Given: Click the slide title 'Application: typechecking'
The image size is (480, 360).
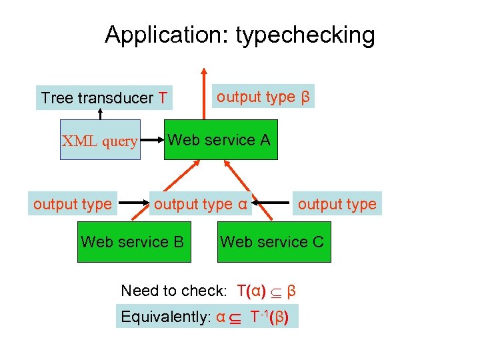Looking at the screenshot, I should pyautogui.click(x=239, y=35).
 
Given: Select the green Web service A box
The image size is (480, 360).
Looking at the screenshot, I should pyautogui.click(x=221, y=140).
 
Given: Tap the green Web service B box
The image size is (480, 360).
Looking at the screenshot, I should pyautogui.click(x=132, y=241).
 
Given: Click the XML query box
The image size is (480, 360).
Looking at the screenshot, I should pyautogui.click(x=100, y=141).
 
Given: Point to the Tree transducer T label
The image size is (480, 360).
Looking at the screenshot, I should pyautogui.click(x=103, y=98).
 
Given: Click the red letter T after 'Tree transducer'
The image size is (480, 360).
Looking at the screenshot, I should pyautogui.click(x=163, y=98).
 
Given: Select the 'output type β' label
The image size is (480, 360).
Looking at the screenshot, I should pyautogui.click(x=263, y=97).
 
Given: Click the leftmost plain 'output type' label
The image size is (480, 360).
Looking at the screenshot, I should pyautogui.click(x=73, y=204).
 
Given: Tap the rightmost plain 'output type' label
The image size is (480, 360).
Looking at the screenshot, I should pyautogui.click(x=337, y=204).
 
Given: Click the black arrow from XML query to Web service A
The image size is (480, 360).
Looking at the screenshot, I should pyautogui.click(x=153, y=141).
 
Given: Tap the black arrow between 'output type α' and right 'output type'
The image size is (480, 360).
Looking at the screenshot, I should pyautogui.click(x=275, y=200).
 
